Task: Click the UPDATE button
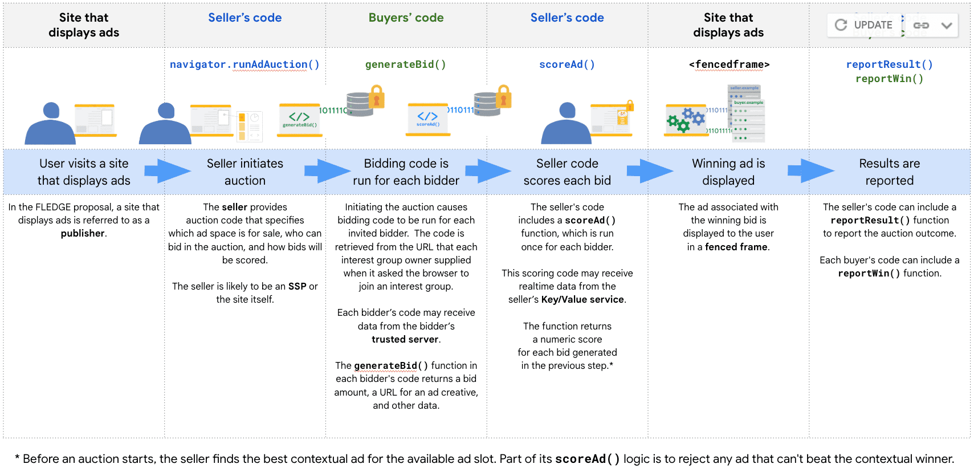pos(864,25)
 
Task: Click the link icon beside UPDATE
pos(921,25)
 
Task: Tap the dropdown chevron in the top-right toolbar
pos(947,25)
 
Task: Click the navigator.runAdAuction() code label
pos(244,64)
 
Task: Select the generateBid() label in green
pos(405,64)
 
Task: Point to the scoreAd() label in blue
pos(567,64)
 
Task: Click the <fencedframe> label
pos(729,64)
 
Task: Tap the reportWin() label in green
pos(889,79)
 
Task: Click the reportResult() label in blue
pos(889,64)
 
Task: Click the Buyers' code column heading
pos(406,18)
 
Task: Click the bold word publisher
pos(83,233)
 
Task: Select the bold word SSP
pos(297,286)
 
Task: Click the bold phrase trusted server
pos(405,339)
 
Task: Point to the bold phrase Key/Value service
pos(582,299)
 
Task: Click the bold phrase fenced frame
pos(736,247)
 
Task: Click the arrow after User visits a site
pos(166,171)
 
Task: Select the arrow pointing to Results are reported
pos(810,171)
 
